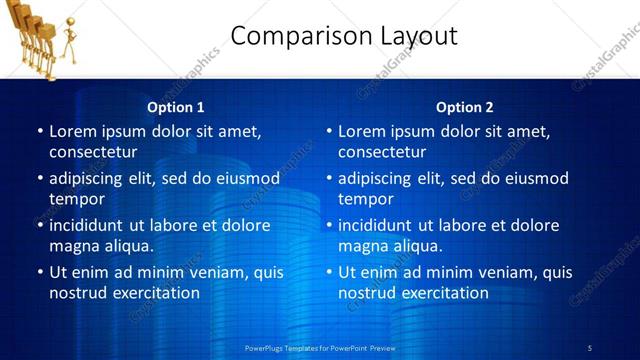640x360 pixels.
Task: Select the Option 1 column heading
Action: [176, 107]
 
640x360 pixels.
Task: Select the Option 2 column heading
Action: [465, 107]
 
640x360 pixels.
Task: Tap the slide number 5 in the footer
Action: [589, 347]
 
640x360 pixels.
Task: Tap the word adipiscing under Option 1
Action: [89, 178]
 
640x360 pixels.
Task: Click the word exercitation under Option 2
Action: [441, 293]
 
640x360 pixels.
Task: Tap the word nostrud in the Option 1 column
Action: [76, 293]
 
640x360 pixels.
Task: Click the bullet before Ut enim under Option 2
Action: [329, 272]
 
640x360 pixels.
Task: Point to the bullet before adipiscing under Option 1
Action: [40, 178]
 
